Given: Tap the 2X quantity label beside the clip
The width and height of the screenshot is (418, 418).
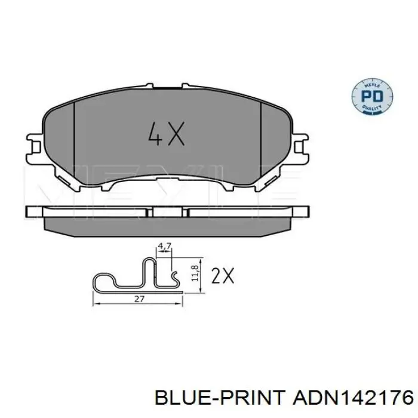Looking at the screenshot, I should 223,275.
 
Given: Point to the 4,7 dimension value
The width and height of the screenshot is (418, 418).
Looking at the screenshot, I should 164,245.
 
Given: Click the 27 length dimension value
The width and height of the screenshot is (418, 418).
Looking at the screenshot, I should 138,300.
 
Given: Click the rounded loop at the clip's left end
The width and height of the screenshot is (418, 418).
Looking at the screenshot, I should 102,282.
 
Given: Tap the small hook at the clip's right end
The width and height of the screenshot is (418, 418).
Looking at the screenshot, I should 175,276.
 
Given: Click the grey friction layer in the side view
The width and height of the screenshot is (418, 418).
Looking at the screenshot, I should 167,223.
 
